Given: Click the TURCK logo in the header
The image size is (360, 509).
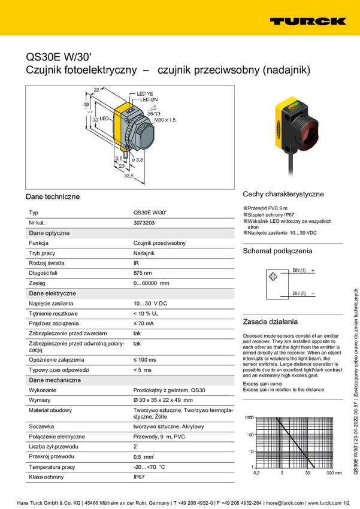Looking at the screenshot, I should coord(307,21).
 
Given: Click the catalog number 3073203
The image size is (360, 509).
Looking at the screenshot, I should coord(144,222).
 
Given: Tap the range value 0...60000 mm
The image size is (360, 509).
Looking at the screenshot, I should coord(151,283).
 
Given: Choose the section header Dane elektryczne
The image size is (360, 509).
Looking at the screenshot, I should coord(52,293).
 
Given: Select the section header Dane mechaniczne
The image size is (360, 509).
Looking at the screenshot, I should coord(55,380).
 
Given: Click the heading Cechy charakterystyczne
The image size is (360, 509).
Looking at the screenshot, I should coord(283,194).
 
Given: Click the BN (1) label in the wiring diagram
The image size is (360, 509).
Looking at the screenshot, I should coord(299,271).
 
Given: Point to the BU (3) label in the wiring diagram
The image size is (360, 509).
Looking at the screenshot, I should coord(299,293).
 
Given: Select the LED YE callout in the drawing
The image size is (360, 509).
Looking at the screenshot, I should coord(145,94).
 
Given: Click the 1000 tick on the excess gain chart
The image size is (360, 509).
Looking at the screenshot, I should coord(249,417).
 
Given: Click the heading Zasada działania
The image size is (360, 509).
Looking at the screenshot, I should coord(266,321).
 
